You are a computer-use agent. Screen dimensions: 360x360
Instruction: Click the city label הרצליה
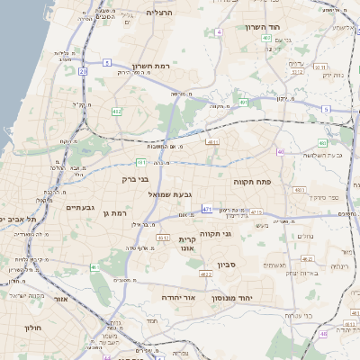click(x=159, y=13)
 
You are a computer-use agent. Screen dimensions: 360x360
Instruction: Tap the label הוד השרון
click(x=263, y=27)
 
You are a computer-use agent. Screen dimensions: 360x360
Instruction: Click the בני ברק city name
click(x=134, y=179)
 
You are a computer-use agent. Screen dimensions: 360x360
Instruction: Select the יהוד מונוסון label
click(x=231, y=297)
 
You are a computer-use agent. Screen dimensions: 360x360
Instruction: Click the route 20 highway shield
click(x=83, y=69)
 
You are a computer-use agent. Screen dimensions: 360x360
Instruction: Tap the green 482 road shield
click(x=116, y=112)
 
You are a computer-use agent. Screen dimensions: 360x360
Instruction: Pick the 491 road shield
click(x=243, y=103)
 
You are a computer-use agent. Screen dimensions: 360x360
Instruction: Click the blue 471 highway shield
click(x=207, y=209)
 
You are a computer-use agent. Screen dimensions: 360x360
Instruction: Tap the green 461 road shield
click(x=94, y=267)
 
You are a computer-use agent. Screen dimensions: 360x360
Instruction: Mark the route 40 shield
click(x=281, y=152)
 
